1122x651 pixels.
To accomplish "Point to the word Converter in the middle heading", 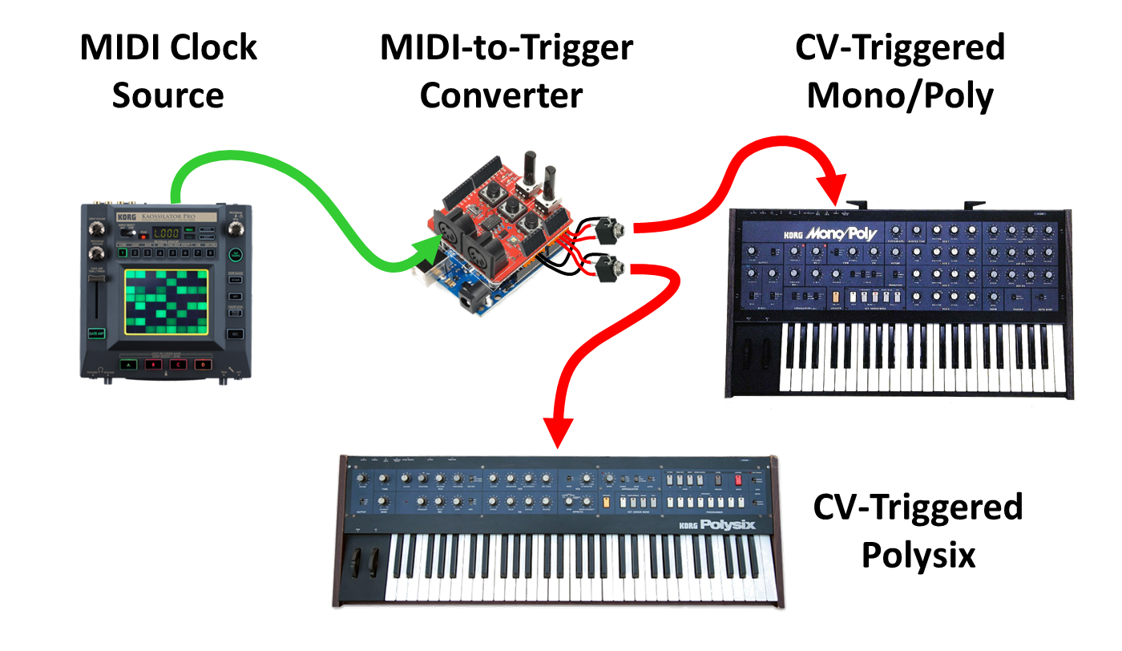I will click(501, 96).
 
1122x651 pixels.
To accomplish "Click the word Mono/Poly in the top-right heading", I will click(900, 96).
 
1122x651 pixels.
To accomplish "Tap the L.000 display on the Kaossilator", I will click(167, 232).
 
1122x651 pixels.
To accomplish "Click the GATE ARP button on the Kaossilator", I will click(99, 334).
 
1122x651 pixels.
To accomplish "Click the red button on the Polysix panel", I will click(740, 480).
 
